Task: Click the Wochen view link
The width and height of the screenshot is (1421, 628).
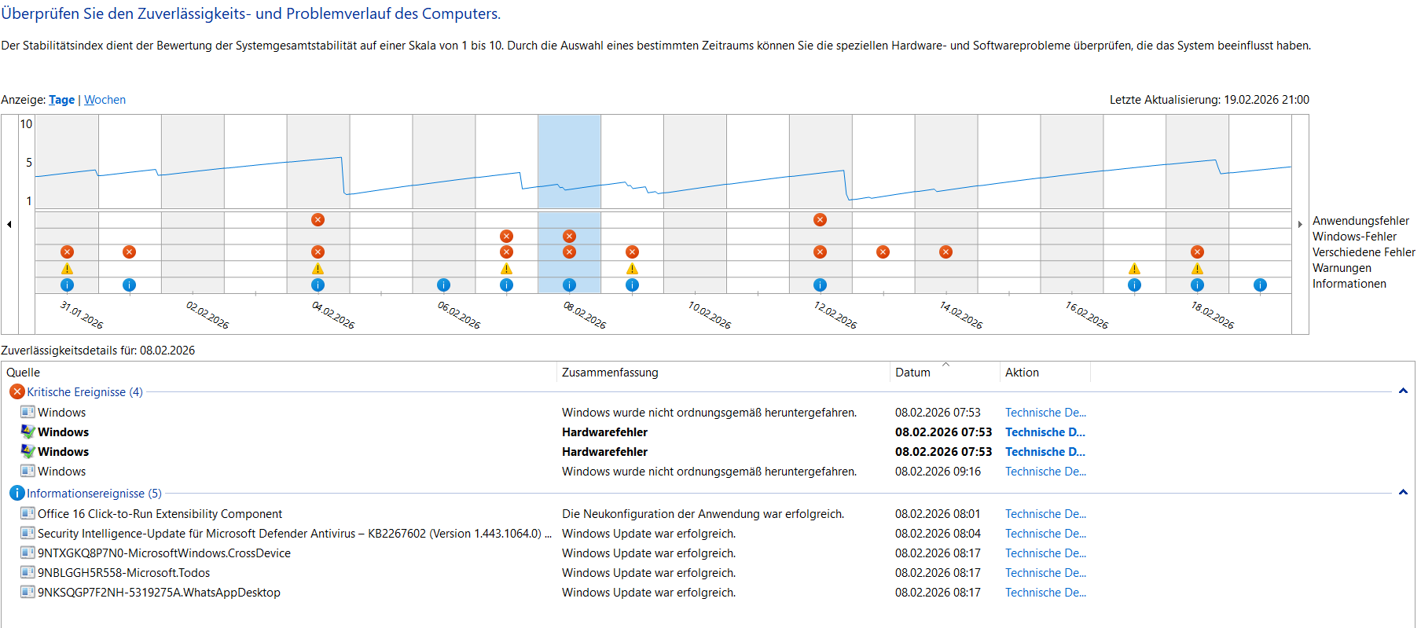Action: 105,100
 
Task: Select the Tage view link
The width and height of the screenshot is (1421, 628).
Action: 61,100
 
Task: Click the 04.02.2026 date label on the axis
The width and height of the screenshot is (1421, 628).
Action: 333,314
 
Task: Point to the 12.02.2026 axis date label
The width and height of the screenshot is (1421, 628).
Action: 835,314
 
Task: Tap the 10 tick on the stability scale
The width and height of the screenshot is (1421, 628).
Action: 26,124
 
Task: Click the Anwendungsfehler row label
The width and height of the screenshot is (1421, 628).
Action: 1360,221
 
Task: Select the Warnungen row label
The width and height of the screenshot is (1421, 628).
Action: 1341,268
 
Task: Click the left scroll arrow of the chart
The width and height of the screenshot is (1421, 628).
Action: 9,225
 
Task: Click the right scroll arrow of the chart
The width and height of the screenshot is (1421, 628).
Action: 1300,225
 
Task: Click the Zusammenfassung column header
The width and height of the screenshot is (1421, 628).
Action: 610,373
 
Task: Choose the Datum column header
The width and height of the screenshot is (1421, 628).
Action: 912,373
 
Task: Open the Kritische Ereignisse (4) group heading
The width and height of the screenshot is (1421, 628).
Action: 84,392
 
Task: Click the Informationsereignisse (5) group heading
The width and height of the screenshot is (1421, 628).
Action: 94,494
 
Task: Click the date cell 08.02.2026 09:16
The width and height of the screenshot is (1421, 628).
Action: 938,472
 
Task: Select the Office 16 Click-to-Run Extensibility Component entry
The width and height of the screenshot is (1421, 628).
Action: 160,514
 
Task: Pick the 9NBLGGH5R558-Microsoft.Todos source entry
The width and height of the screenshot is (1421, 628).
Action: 123,573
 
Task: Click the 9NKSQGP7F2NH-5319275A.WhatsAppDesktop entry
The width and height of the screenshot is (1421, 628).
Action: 159,593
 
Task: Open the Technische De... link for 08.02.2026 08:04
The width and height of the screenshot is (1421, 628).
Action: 1045,534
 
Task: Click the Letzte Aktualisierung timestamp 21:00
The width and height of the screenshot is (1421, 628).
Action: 1294,100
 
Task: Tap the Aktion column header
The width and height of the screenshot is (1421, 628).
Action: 1022,373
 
